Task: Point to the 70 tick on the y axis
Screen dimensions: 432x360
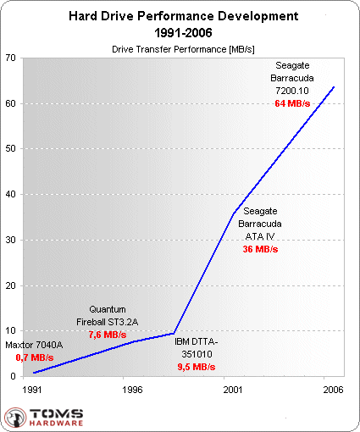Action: (12, 58)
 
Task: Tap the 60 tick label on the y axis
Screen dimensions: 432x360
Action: (12, 103)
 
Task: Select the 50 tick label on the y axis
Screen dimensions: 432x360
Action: (12, 149)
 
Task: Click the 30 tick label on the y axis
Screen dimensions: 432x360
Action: (12, 240)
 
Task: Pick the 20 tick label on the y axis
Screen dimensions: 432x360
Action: (12, 285)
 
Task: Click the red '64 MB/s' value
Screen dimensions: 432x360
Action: (291, 102)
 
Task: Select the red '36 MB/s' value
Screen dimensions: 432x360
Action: (260, 250)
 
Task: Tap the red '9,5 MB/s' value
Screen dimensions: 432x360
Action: (197, 368)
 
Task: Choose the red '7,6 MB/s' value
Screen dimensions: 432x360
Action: (107, 335)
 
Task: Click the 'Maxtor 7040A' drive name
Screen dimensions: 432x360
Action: (35, 346)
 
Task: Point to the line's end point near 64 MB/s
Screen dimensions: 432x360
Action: (335, 86)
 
